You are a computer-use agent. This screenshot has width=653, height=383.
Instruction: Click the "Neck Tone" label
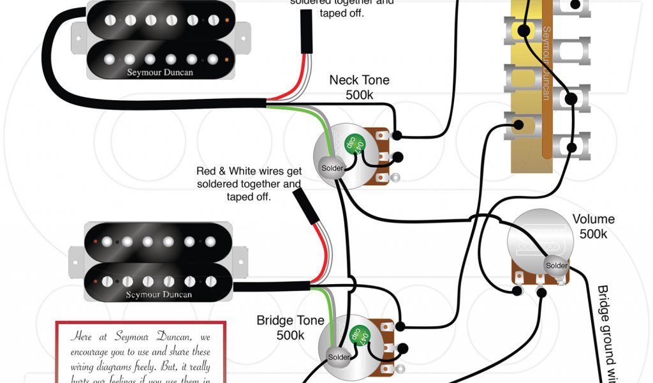(359, 80)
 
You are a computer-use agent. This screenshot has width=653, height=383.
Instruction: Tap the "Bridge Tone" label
(290, 320)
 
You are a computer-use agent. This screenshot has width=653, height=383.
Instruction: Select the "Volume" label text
(593, 220)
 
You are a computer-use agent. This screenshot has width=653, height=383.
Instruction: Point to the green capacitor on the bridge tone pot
(358, 334)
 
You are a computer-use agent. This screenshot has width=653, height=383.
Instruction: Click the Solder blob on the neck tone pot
(332, 169)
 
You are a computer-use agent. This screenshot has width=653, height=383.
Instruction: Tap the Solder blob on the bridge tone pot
(337, 356)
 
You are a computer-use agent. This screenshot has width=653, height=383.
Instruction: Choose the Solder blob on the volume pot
(556, 266)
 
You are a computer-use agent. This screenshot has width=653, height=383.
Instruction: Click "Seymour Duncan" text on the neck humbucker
(161, 72)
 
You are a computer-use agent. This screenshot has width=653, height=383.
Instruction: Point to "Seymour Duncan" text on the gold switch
(546, 64)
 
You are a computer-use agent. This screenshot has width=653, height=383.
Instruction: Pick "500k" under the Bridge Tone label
(290, 334)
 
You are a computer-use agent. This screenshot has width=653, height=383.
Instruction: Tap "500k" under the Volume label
(593, 234)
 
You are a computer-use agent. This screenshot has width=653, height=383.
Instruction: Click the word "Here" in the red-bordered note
(83, 336)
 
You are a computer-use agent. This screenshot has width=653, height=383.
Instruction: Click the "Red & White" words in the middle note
(224, 171)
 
